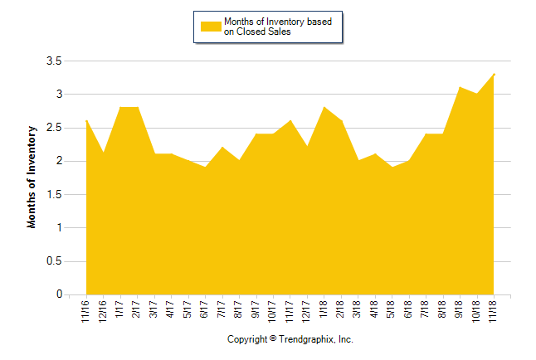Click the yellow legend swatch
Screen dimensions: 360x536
[x=212, y=26]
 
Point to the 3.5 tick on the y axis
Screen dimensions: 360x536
[x=54, y=61]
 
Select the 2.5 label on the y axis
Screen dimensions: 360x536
[x=54, y=128]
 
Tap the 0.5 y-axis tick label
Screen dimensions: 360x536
[x=54, y=261]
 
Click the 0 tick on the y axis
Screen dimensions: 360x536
[x=59, y=294]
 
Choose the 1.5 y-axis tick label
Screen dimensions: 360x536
[x=54, y=195]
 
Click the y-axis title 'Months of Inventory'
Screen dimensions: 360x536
[x=32, y=177]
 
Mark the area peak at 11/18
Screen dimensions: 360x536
[x=494, y=75]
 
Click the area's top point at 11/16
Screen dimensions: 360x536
[x=86, y=121]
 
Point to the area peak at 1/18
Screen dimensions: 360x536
[x=324, y=108]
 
